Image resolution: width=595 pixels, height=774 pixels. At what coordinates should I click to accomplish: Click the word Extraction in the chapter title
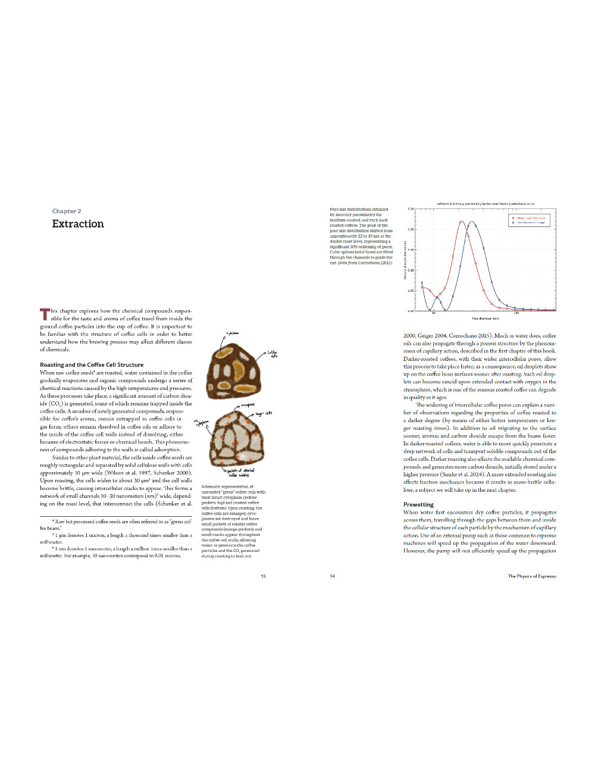(78, 224)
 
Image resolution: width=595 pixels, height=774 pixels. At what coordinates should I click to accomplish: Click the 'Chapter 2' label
(67, 211)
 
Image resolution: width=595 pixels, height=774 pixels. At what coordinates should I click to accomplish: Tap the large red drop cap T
(45, 314)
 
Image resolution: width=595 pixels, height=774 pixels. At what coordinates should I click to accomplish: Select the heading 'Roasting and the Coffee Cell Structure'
(92, 365)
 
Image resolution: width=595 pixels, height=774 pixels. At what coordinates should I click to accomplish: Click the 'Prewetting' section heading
(418, 504)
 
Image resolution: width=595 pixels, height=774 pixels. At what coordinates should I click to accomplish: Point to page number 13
(263, 576)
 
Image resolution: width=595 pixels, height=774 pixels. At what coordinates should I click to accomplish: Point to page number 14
(332, 576)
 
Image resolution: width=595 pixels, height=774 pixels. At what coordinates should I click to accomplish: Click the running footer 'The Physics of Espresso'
(532, 576)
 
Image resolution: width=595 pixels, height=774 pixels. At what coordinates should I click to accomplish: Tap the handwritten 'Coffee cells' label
(272, 354)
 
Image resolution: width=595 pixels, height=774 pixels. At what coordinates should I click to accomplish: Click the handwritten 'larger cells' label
(264, 413)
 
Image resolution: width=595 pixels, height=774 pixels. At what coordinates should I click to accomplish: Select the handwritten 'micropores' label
(248, 405)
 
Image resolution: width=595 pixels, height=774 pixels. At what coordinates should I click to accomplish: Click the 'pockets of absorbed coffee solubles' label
(240, 473)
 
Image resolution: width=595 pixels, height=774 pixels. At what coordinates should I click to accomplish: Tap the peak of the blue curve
(472, 222)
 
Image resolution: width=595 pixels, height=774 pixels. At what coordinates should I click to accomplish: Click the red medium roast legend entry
(530, 218)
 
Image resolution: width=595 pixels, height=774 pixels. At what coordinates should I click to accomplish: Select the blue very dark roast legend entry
(530, 223)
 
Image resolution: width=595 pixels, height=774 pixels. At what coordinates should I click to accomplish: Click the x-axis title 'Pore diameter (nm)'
(486, 319)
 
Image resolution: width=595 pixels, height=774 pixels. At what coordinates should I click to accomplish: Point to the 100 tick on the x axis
(516, 313)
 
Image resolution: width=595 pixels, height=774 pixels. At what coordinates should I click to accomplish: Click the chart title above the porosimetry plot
(486, 204)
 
